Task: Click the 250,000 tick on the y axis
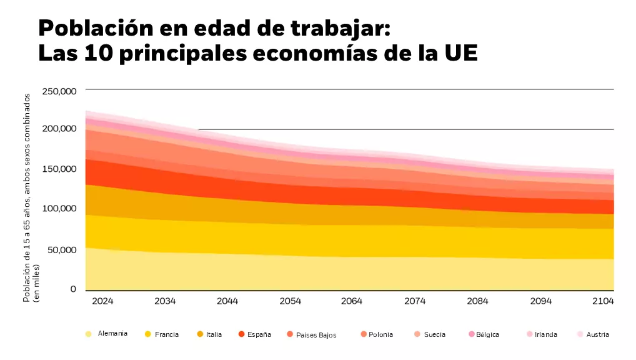pos(59,91)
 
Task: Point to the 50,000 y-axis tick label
pos(61,250)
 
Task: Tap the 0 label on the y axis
pos(72,289)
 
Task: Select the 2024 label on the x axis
pos(102,301)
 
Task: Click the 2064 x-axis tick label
pos(352,301)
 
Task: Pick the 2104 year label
pos(603,301)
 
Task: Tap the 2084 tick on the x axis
pos(477,301)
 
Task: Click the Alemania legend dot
pos(89,334)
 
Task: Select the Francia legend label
pos(167,334)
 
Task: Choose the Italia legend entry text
pos(214,334)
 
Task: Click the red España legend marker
pos(241,334)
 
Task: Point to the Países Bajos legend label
pos(316,335)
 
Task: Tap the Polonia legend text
pos(381,334)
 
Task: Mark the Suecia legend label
pos(435,334)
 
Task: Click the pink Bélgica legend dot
pos(472,334)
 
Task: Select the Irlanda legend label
pos(546,334)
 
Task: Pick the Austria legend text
pos(598,334)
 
